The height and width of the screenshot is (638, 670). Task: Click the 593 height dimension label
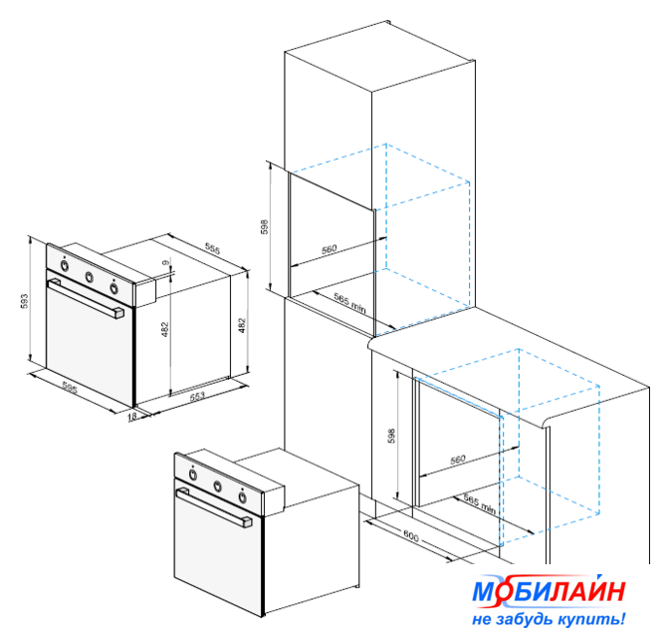(x=24, y=301)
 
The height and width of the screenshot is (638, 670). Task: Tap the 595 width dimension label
(x=70, y=388)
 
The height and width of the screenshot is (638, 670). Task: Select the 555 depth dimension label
(x=212, y=248)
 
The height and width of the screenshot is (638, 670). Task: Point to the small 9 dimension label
(x=166, y=262)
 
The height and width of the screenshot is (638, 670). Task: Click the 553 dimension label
(x=197, y=396)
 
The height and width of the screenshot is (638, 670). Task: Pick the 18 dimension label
(x=132, y=416)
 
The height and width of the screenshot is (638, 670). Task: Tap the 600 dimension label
(x=411, y=536)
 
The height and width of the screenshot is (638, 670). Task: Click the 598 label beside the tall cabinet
(x=265, y=226)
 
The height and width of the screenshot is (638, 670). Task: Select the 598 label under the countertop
(x=391, y=436)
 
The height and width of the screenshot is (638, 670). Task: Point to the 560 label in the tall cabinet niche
(x=330, y=249)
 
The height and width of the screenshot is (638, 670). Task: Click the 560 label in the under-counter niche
(x=458, y=460)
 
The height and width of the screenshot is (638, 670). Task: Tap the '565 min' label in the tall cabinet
(x=350, y=302)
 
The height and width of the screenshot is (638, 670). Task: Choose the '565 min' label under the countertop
(x=480, y=505)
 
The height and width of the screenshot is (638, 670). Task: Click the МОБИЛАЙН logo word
(x=550, y=591)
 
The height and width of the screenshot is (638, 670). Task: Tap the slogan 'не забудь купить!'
(x=549, y=618)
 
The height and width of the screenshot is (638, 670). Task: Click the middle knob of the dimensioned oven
(x=90, y=277)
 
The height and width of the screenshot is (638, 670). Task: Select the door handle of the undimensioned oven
(x=214, y=508)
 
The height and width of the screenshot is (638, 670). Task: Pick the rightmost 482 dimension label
(x=242, y=325)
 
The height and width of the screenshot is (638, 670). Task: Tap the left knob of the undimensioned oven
(x=193, y=475)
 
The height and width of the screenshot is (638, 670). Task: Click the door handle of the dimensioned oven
(x=86, y=298)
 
